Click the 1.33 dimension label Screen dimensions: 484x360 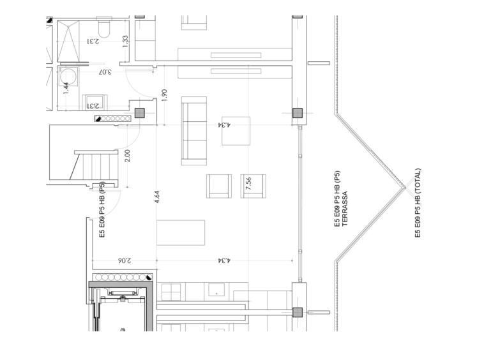(125, 41)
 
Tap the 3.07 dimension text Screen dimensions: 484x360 (105, 72)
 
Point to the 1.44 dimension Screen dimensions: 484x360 (66, 88)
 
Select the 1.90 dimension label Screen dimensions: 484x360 (164, 95)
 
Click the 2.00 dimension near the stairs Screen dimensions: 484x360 (127, 156)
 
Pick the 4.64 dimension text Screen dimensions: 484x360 (156, 197)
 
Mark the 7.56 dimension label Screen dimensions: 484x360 (248, 183)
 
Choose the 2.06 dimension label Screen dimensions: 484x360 (124, 260)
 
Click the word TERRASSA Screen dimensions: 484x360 (345, 209)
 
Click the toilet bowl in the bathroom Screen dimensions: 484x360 (104, 27)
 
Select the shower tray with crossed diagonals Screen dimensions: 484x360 (68, 41)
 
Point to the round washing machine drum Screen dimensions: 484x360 (68, 77)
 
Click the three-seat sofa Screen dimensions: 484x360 (194, 131)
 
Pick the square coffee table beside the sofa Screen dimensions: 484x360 (236, 131)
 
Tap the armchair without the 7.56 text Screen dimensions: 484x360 (219, 186)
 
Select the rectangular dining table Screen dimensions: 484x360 (181, 232)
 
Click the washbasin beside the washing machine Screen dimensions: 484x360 (95, 102)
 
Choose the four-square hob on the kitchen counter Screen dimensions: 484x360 (171, 292)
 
